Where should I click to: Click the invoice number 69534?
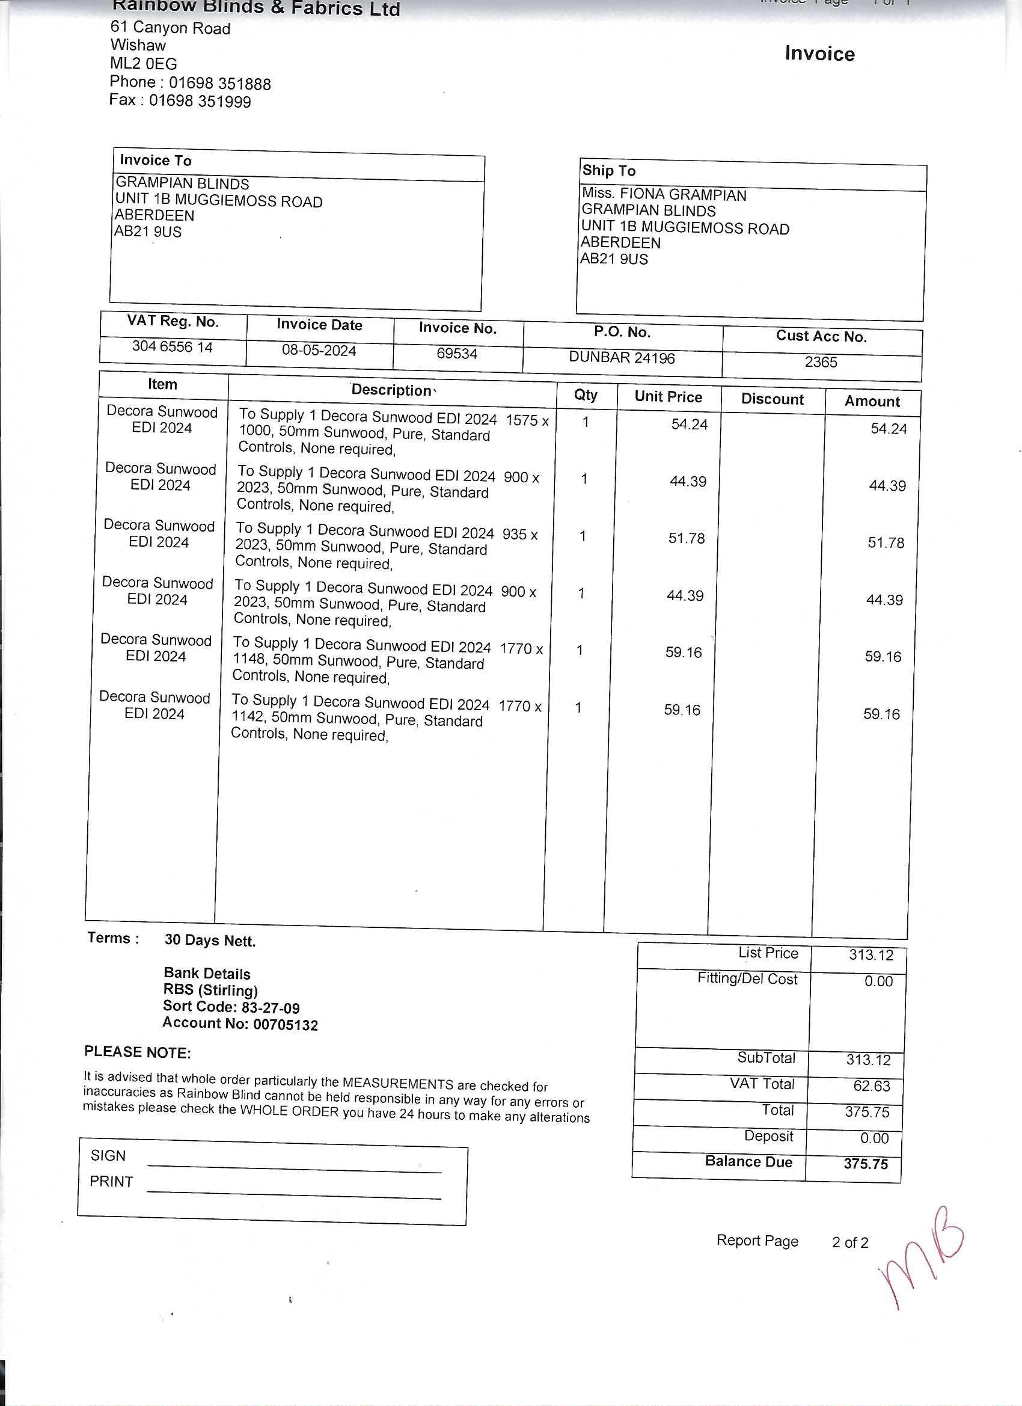tap(457, 354)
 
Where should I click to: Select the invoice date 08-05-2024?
tap(319, 350)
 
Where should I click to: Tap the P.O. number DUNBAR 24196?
tap(622, 358)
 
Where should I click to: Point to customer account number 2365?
tap(821, 362)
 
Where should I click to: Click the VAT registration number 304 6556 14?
tap(173, 346)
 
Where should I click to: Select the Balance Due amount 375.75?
tap(865, 1164)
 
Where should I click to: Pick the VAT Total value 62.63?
tap(871, 1085)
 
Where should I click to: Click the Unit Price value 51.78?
tap(686, 538)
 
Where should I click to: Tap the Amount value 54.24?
tap(888, 428)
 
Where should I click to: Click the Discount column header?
tap(773, 399)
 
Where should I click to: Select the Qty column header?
tap(586, 395)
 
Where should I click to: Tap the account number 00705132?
tap(285, 1025)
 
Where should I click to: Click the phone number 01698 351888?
tap(219, 84)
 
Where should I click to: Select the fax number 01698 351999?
tap(200, 101)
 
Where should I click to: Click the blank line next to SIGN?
tap(295, 1167)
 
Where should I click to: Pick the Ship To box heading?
tap(608, 170)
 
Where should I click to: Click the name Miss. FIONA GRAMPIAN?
tap(664, 195)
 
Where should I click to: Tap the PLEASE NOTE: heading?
tap(138, 1052)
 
